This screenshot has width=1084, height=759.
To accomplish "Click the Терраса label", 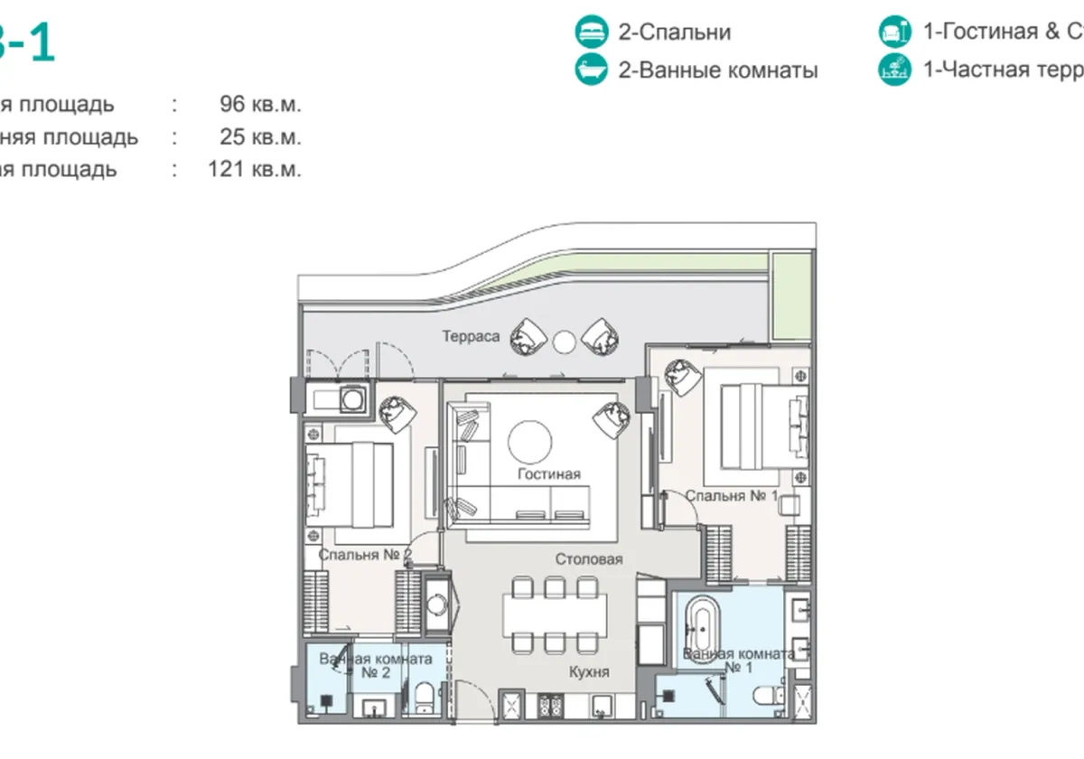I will click(471, 336).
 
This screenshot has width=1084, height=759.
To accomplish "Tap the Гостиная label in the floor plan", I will click(549, 474).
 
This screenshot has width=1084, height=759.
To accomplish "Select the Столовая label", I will click(588, 559).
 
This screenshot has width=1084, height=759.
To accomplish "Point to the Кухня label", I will click(589, 672).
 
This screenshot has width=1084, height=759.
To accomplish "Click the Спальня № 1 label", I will click(731, 496).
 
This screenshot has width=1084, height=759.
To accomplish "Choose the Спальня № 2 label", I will click(365, 555).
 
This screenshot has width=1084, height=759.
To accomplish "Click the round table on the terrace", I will click(564, 341).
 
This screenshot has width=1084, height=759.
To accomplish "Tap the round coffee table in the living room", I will click(530, 441).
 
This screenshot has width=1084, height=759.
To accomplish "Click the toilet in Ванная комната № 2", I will click(425, 698).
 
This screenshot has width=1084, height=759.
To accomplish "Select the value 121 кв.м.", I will click(254, 169).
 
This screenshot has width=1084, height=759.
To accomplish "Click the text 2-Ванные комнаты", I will click(717, 70).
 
